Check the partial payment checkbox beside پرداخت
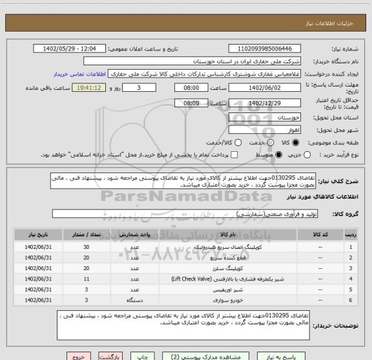(234, 155)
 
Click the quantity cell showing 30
(86, 248)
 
